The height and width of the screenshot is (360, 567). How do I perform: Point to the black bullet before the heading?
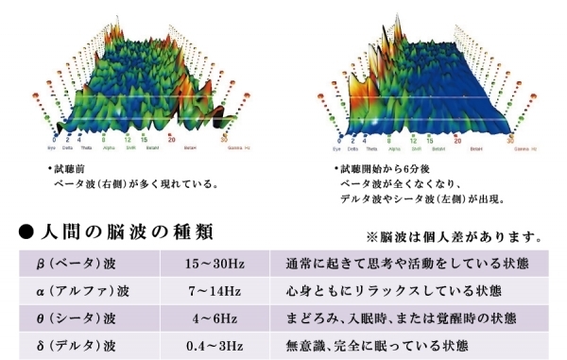[28, 231]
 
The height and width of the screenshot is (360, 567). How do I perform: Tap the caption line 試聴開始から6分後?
[386, 168]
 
